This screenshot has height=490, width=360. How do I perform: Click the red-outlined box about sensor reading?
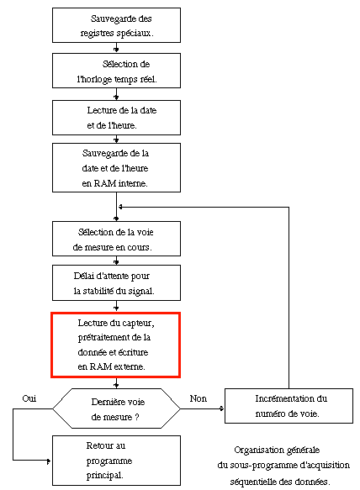point(116,345)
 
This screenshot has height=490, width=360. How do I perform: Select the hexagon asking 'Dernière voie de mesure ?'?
point(116,408)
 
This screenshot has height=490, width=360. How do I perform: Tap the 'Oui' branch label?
point(29,398)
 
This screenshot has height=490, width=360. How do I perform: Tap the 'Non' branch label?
point(198,398)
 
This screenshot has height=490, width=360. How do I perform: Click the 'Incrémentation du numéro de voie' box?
point(289,406)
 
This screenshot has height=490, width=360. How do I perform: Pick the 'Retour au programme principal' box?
point(116,461)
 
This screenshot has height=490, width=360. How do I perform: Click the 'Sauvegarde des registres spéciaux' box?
point(116,25)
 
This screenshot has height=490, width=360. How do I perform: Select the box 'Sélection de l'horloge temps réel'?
point(116,71)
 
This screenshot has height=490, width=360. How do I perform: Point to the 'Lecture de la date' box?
point(116,118)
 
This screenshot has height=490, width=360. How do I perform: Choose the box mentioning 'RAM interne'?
point(116,167)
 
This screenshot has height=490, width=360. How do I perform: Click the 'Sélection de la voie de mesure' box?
point(116,239)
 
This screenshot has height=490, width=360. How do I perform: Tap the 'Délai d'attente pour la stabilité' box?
point(116,282)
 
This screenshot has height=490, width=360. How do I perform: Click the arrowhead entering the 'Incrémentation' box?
point(222,408)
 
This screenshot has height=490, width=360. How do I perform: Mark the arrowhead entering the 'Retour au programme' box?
point(49,461)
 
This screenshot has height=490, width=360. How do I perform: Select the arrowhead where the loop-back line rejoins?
point(120,207)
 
